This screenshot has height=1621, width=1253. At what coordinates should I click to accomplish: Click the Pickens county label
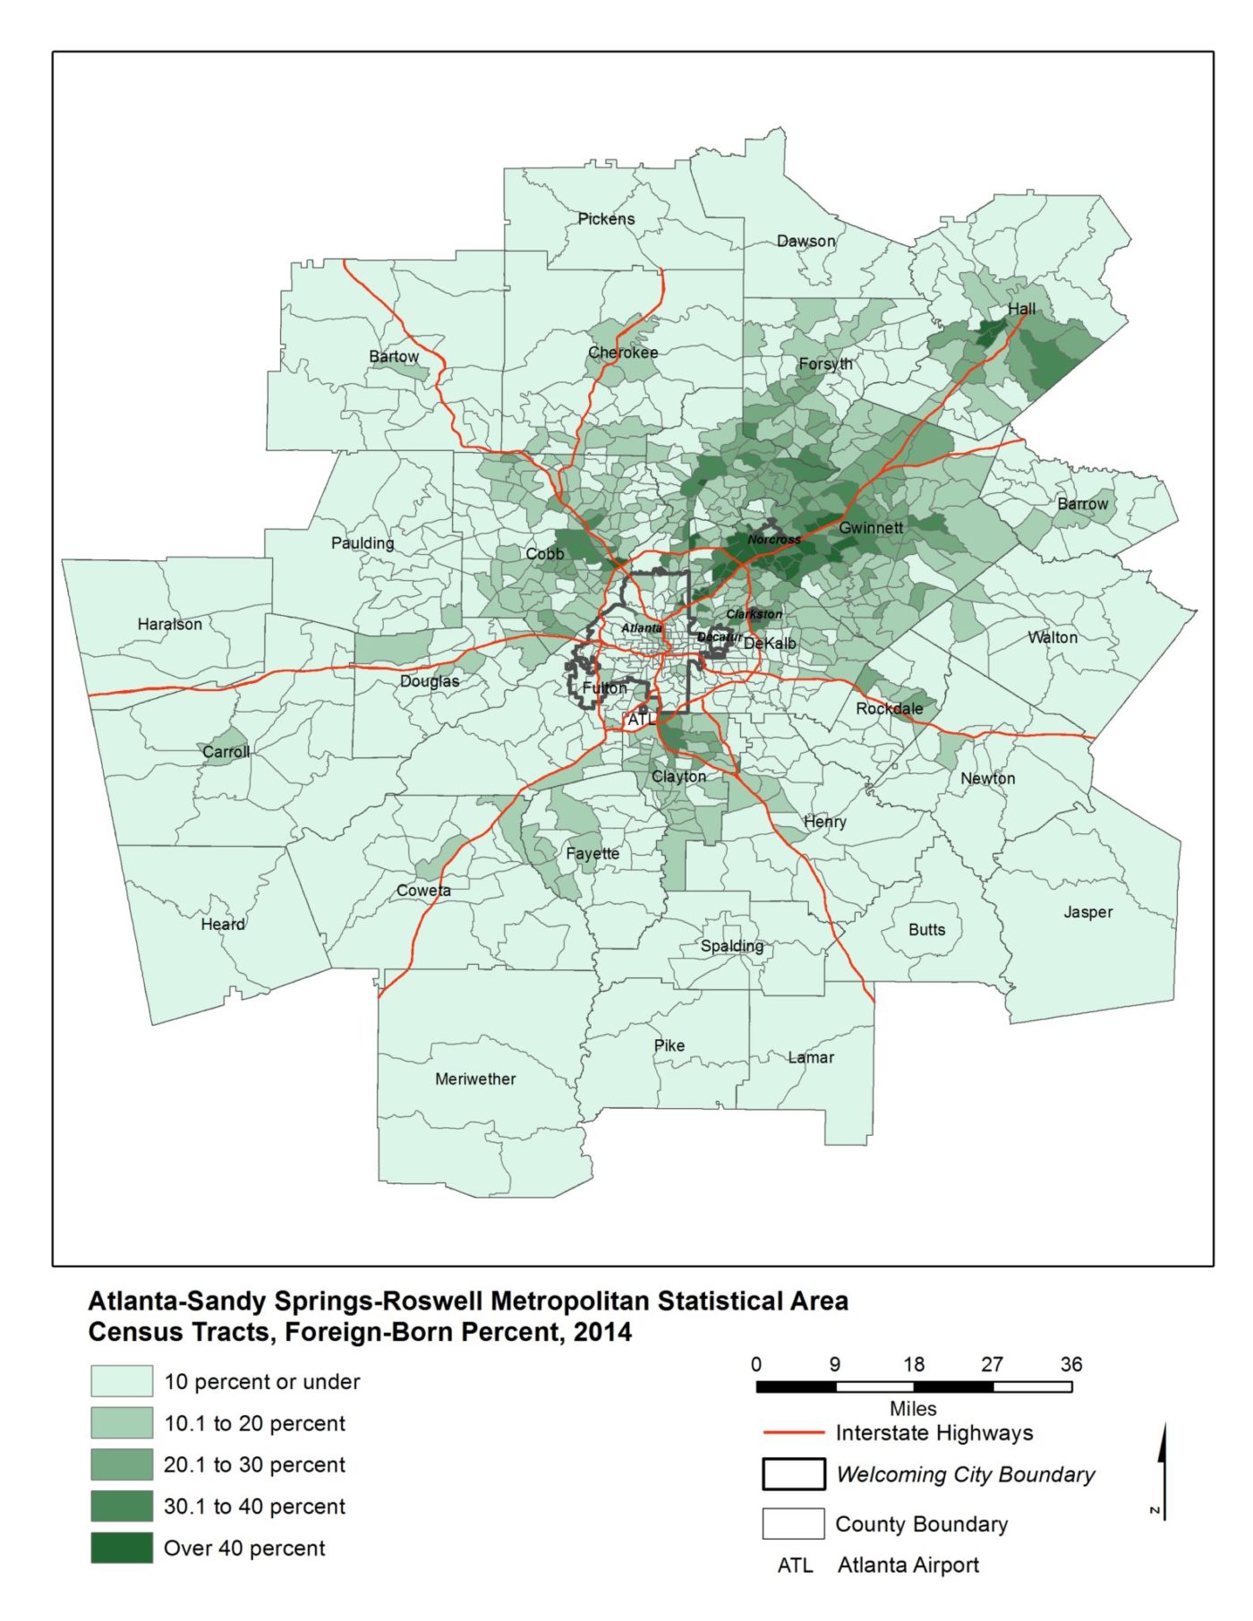pyautogui.click(x=606, y=218)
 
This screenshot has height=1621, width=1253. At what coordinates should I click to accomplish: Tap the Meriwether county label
pyautogui.click(x=475, y=1079)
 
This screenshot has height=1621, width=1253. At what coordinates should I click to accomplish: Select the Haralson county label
pyautogui.click(x=169, y=624)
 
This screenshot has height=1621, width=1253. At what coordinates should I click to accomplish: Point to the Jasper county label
pyautogui.click(x=1087, y=912)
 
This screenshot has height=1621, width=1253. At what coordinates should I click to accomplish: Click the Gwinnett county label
pyautogui.click(x=870, y=528)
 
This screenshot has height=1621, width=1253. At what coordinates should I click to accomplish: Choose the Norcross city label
pyautogui.click(x=774, y=540)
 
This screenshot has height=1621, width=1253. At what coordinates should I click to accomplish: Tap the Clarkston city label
pyautogui.click(x=754, y=614)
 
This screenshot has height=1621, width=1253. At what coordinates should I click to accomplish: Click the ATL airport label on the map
pyautogui.click(x=641, y=720)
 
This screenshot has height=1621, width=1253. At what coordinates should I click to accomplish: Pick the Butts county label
pyautogui.click(x=926, y=929)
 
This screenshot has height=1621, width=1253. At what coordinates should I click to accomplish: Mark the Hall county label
pyautogui.click(x=1021, y=309)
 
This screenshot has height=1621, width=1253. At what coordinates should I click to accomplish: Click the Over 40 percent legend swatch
pyautogui.click(x=122, y=1548)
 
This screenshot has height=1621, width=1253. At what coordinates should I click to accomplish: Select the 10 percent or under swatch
pyautogui.click(x=122, y=1381)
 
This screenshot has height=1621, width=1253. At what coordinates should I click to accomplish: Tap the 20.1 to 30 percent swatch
pyautogui.click(x=122, y=1464)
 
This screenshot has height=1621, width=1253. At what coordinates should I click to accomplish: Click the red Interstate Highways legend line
pyautogui.click(x=793, y=1433)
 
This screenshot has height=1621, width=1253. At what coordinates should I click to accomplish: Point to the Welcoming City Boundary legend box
pyautogui.click(x=793, y=1474)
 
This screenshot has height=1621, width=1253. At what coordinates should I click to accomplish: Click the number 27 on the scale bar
pyautogui.click(x=992, y=1364)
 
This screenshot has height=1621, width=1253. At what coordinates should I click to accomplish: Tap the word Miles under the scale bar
pyautogui.click(x=913, y=1409)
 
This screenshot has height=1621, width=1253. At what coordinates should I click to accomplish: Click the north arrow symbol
pyautogui.click(x=1162, y=1468)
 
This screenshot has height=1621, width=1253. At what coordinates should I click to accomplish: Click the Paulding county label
pyautogui.click(x=362, y=543)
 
